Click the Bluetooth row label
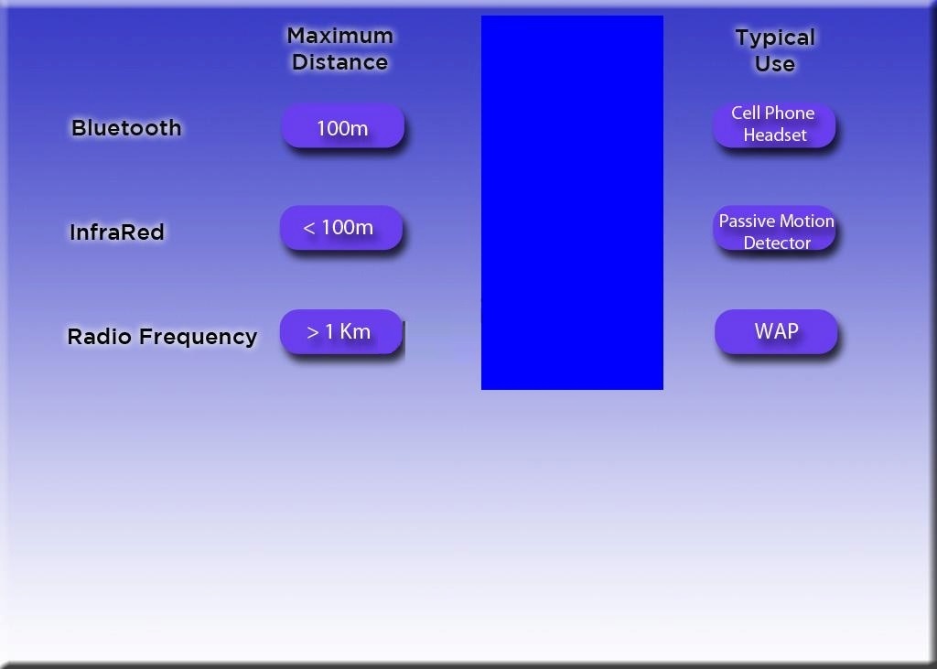pos(126,128)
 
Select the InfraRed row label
pos(117,232)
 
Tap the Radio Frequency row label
pos(162,337)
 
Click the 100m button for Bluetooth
pos(342,126)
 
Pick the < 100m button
pos(341,228)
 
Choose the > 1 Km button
pos(341,332)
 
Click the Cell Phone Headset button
pos(774,124)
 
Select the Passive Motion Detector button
pos(775,230)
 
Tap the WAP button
pos(776,332)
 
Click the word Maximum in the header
pos(340,36)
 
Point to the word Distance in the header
pos(340,62)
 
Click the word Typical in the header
pos(775,38)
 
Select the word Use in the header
pos(775,64)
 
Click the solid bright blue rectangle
pos(572,202)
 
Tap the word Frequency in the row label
pos(199,338)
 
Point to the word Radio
pos(99,337)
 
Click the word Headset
pos(775,135)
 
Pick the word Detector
pos(777,243)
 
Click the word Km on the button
pos(355,332)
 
